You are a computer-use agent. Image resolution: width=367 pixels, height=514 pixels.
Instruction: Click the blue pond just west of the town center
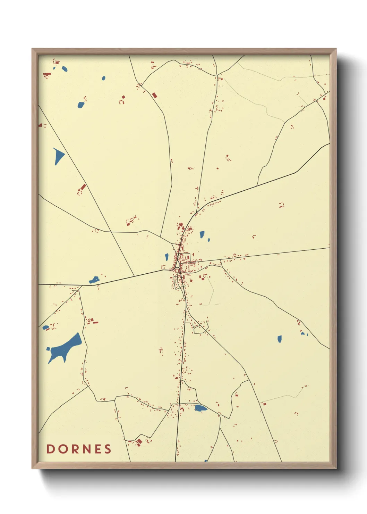167,257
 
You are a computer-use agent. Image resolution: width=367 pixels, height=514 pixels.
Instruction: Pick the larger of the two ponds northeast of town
202,234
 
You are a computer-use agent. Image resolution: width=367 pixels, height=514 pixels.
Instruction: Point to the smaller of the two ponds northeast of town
208,239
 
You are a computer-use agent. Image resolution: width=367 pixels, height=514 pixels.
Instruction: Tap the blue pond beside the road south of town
200,408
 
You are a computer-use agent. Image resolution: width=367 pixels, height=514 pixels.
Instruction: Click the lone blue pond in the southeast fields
280,339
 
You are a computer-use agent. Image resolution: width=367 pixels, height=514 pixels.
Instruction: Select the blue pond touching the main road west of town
94,280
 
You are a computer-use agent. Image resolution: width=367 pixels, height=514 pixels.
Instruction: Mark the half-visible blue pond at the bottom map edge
206,461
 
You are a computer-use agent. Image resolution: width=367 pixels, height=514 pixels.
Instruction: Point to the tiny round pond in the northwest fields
104,78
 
